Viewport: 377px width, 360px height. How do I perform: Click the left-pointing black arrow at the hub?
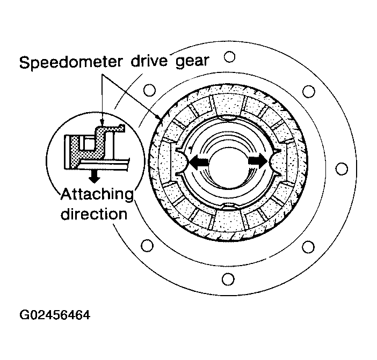tap(199, 161)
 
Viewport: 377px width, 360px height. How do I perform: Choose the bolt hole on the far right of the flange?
tap(339, 168)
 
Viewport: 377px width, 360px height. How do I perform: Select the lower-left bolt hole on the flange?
tap(147, 247)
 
